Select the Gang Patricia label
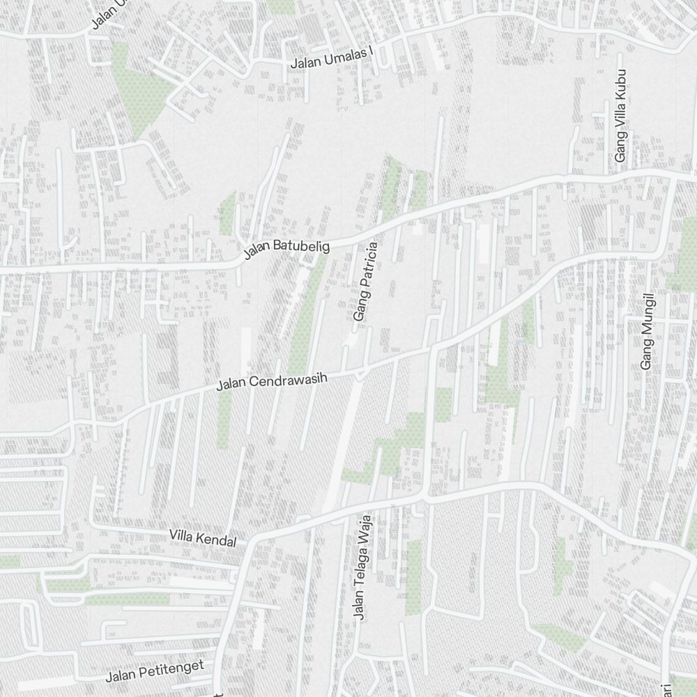pos(365,282)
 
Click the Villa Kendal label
pos(203,537)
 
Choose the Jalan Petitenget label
pos(155,671)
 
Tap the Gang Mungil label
pos(648,331)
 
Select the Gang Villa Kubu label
pos(620,116)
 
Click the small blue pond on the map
pos(520,341)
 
